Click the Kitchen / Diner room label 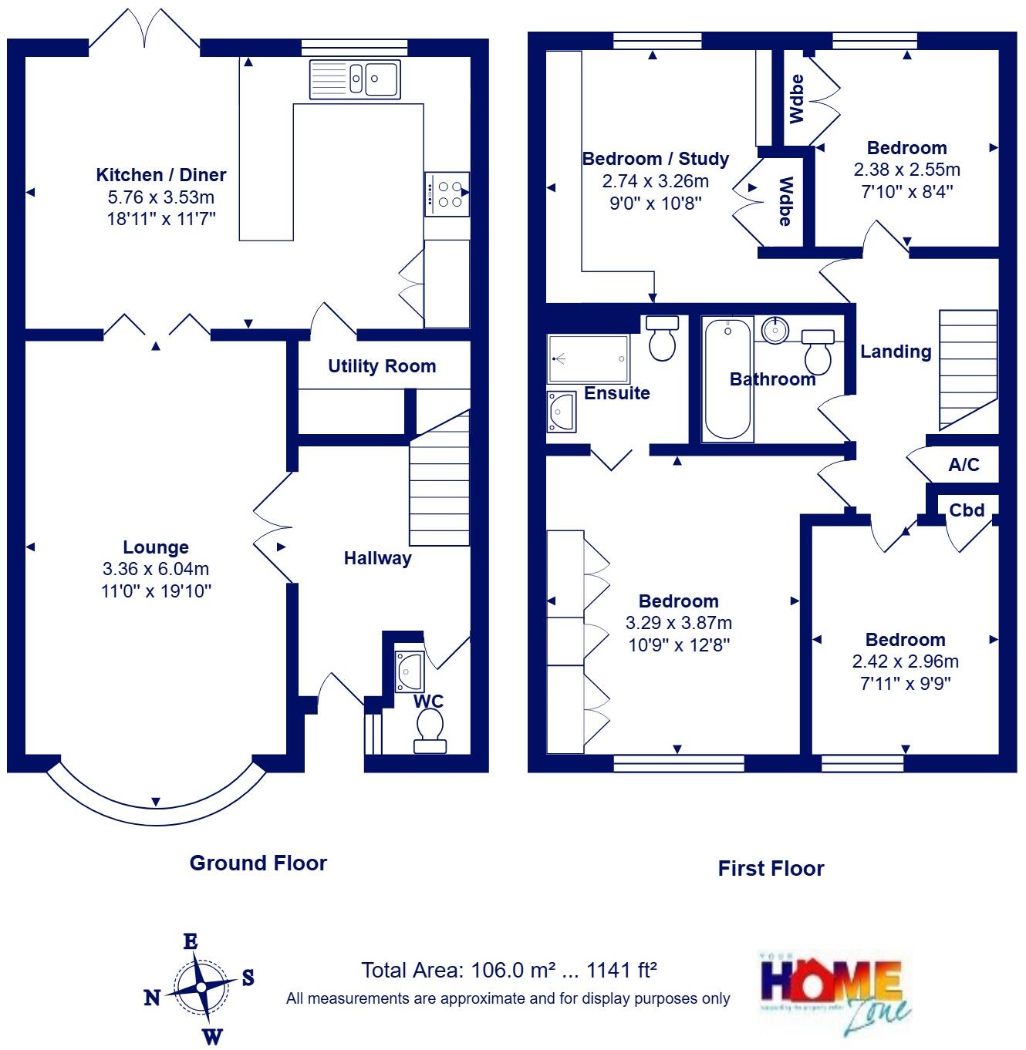point(160,175)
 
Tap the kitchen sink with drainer point(355,79)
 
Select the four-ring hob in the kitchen point(447,194)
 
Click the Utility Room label point(382,366)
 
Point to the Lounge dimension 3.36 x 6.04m point(156,569)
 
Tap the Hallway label point(377,558)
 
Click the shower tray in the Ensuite point(588,358)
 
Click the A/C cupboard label point(964,464)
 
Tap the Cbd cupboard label point(967,510)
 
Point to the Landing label point(896,352)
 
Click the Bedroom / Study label point(655,159)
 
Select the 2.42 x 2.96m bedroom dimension point(905,661)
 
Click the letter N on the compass point(153,998)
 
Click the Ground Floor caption point(258,863)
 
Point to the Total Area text point(509,970)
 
